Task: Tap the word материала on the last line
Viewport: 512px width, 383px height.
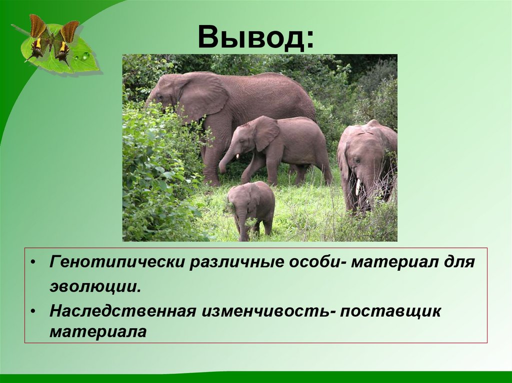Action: tap(97, 332)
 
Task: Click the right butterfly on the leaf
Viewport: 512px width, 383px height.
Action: tap(66, 41)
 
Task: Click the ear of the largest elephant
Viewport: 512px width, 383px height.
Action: tap(202, 95)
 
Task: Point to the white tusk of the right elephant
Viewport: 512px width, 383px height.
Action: tap(357, 187)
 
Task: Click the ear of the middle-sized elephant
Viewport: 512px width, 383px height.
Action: tap(265, 133)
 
